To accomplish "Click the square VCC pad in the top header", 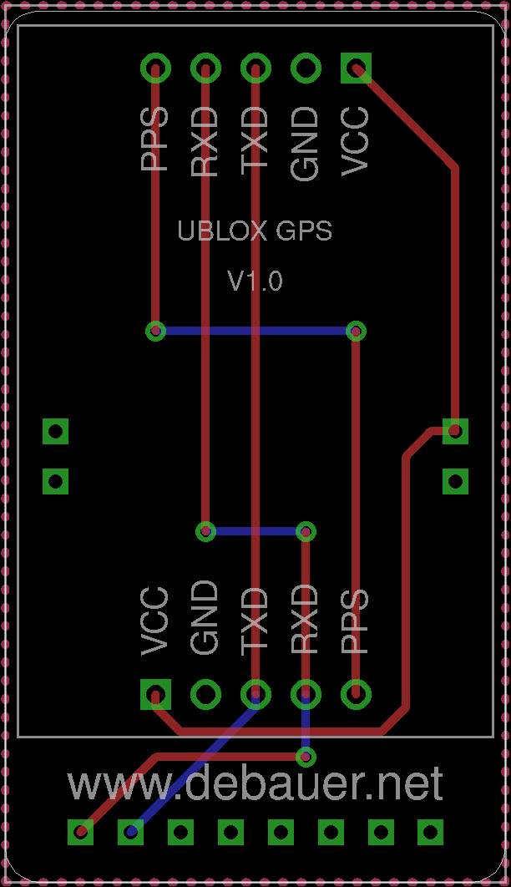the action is pyautogui.click(x=357, y=68).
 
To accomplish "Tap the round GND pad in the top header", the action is pyautogui.click(x=306, y=68).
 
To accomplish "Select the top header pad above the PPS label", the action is pyautogui.click(x=155, y=68).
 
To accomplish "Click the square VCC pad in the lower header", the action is pyautogui.click(x=155, y=694).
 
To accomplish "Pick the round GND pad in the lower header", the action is pyautogui.click(x=205, y=694).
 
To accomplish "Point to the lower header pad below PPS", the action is pyautogui.click(x=357, y=694).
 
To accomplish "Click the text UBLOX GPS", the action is pyautogui.click(x=255, y=231).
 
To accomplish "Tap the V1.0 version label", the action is pyautogui.click(x=255, y=281).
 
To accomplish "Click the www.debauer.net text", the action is pyautogui.click(x=255, y=783).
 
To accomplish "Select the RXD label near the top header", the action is pyautogui.click(x=205, y=141).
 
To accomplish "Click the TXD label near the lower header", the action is pyautogui.click(x=255, y=621).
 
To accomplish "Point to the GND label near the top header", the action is pyautogui.click(x=306, y=144).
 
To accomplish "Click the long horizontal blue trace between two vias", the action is pyautogui.click(x=255, y=331).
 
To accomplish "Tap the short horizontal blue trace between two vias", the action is pyautogui.click(x=255, y=531).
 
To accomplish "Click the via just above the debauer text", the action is pyautogui.click(x=306, y=756).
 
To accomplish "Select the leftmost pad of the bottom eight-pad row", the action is pyautogui.click(x=80, y=832).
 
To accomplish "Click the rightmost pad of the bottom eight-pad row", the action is pyautogui.click(x=430, y=832).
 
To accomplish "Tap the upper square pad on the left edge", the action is pyautogui.click(x=55, y=431).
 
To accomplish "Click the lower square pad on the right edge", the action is pyautogui.click(x=455, y=481).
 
